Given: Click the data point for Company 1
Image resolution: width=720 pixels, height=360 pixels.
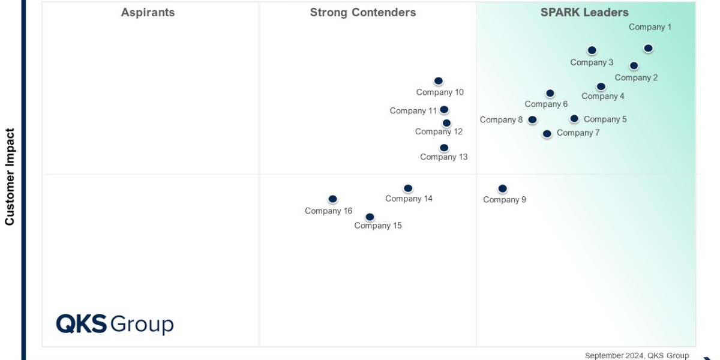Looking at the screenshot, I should coord(648,49).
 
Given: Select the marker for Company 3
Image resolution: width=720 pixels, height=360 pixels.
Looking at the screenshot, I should coord(592,50).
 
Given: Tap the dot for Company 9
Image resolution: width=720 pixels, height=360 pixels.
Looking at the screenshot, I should coord(503,189).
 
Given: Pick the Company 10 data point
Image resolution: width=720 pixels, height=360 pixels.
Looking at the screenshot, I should coord(439,81).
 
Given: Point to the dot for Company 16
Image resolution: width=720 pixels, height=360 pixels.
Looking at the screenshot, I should coord(333,199).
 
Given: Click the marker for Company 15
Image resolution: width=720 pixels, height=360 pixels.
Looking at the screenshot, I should coord(370,217).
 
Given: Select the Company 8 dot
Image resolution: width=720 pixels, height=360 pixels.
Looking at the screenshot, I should coord(532,120).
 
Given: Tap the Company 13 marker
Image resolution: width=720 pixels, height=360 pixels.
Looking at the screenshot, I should coord(444,148).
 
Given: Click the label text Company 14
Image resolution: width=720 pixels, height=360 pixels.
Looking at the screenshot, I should coord(409,199).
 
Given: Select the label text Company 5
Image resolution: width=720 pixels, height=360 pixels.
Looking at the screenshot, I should coord(605,119).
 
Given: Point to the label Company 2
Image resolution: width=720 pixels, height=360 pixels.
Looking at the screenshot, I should coord(636,77).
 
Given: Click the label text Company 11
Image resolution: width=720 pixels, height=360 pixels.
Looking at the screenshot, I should coord(413,111).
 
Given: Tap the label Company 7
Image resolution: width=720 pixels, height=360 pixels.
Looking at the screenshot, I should coord(578,133).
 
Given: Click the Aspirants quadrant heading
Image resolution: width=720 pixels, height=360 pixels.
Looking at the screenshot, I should coord(148,13).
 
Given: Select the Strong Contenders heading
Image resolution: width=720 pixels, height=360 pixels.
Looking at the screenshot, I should coord(362,13).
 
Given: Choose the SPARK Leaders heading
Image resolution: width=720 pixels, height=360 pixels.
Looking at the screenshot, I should coord(584,13).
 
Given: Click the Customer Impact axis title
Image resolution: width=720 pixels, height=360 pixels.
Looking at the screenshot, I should coord(10,176).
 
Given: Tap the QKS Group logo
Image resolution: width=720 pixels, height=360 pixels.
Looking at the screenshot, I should coord(115,324).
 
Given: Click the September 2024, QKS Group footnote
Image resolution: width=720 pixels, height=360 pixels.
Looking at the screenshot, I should coord(637,355).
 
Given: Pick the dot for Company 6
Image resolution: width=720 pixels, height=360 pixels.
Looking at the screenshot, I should coord(550,94).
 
